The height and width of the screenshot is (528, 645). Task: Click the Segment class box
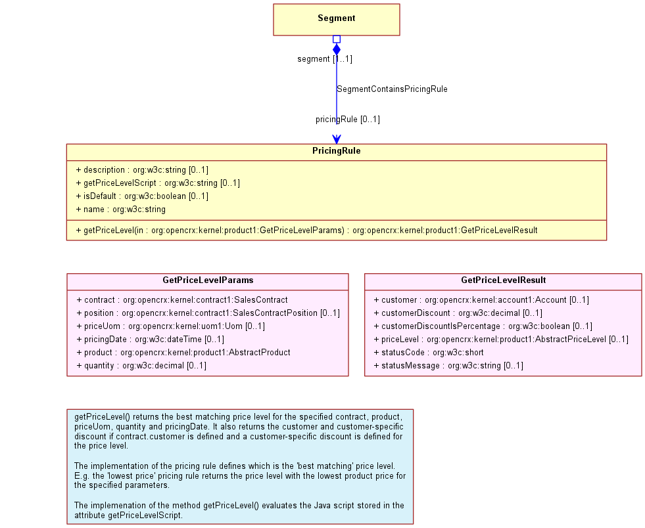(337, 20)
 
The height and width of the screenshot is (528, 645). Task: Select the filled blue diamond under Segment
(337, 49)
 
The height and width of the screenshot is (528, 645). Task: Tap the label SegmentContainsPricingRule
(392, 89)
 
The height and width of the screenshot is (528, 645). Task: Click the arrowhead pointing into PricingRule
(337, 139)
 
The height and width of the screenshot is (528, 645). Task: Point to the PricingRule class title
(337, 151)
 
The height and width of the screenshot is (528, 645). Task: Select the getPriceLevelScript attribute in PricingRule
(158, 183)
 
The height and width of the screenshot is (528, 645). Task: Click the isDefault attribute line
(142, 196)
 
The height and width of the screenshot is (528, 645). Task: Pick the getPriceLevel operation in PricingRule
(307, 230)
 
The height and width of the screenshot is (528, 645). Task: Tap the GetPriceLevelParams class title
(208, 280)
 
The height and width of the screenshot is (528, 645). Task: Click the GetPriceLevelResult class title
(503, 280)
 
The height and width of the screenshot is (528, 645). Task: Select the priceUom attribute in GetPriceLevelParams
(171, 326)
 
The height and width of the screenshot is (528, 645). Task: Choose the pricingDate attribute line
(150, 340)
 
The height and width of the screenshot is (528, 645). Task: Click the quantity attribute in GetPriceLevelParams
(141, 366)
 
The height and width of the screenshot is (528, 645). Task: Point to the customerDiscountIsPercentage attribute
(483, 326)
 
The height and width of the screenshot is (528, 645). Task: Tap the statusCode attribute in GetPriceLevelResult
(429, 353)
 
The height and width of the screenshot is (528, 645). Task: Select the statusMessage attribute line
(448, 366)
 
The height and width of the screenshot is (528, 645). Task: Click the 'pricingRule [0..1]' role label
(348, 119)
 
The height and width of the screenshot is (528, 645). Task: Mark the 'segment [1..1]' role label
(325, 58)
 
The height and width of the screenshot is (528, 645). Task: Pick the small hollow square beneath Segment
(337, 39)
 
